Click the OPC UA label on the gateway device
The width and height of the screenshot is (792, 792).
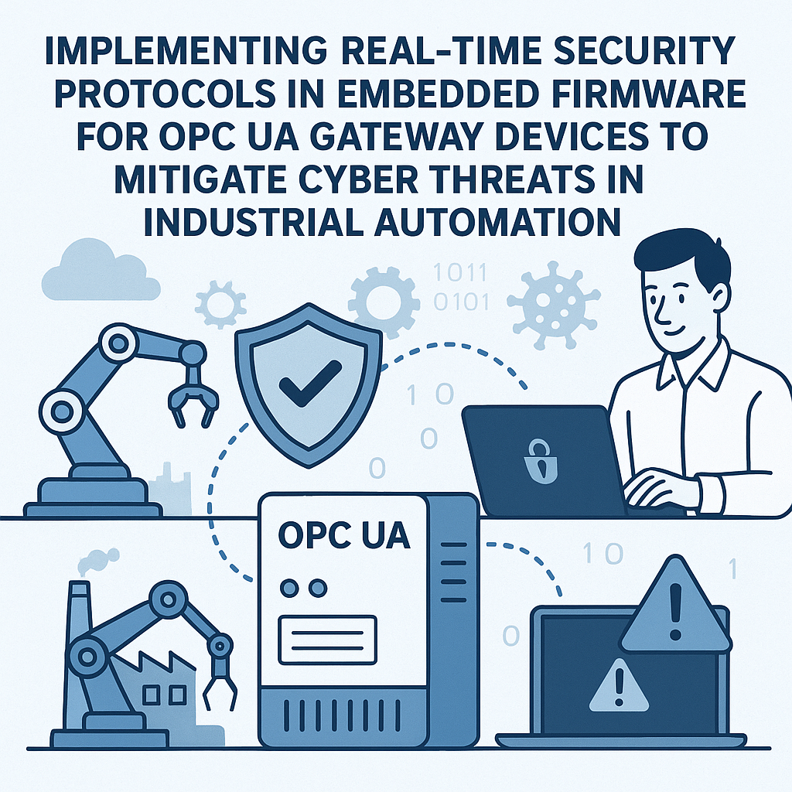click(343, 536)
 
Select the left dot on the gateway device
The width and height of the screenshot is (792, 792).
click(290, 588)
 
